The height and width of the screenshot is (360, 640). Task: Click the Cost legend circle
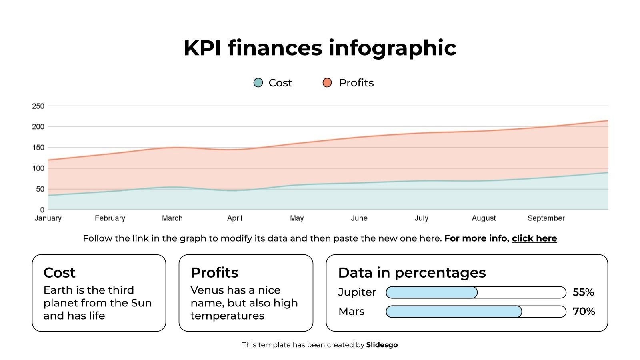pyautogui.click(x=258, y=83)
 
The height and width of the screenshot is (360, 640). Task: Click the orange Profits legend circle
pyautogui.click(x=327, y=83)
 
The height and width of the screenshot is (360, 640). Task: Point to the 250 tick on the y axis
pyautogui.click(x=38, y=106)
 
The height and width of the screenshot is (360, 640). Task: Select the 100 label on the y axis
pyautogui.click(x=38, y=168)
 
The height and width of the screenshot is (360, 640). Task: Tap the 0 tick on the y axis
pyautogui.click(x=42, y=210)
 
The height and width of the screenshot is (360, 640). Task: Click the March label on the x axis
pyautogui.click(x=172, y=218)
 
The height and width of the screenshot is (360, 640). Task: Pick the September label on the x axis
pyautogui.click(x=546, y=218)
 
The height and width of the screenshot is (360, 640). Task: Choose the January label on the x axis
pyautogui.click(x=48, y=218)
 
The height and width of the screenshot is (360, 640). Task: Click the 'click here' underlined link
pyautogui.click(x=534, y=238)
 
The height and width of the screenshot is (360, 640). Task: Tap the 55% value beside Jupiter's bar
pyautogui.click(x=583, y=292)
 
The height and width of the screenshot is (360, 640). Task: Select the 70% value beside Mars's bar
pyautogui.click(x=584, y=312)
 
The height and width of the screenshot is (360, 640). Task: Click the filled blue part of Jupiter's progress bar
pyautogui.click(x=432, y=292)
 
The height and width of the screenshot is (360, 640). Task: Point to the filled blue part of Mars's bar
pyautogui.click(x=454, y=312)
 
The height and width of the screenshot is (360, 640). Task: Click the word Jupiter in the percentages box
pyautogui.click(x=357, y=292)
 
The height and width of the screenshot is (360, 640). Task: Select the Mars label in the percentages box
pyautogui.click(x=351, y=312)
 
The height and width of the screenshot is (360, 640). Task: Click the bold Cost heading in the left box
pyautogui.click(x=59, y=273)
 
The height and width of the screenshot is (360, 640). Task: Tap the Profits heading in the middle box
pyautogui.click(x=214, y=273)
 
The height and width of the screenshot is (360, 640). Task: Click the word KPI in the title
pyautogui.click(x=202, y=48)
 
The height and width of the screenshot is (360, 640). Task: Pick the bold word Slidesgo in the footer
pyautogui.click(x=382, y=345)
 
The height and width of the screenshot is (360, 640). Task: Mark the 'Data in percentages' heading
pyautogui.click(x=412, y=273)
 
